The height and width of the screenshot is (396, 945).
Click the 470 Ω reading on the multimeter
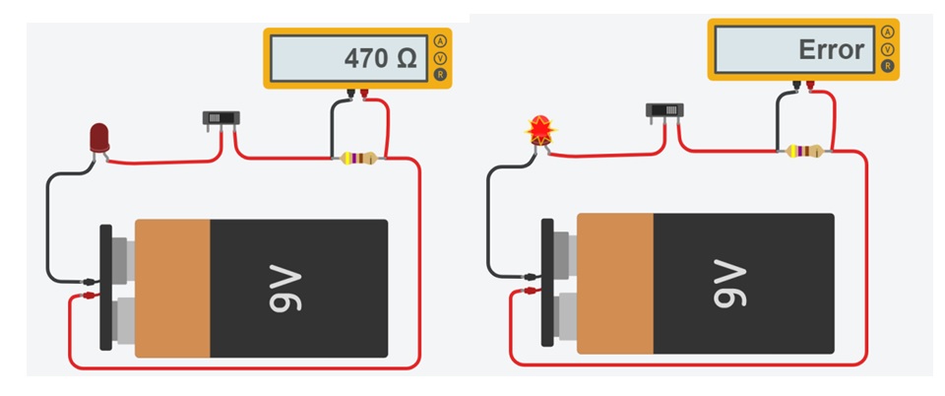(x=380, y=58)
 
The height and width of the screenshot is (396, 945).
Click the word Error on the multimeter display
(x=832, y=49)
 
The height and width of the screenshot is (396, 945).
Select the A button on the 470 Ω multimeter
(x=441, y=41)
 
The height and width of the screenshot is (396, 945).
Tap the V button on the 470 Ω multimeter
(x=441, y=58)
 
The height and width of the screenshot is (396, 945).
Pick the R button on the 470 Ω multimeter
(x=441, y=75)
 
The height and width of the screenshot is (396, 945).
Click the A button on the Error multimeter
(x=887, y=33)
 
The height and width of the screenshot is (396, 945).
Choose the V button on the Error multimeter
(x=887, y=49)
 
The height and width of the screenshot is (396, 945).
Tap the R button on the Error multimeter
(x=887, y=66)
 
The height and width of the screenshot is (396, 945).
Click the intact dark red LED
(x=99, y=139)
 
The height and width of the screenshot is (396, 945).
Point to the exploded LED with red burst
(x=540, y=130)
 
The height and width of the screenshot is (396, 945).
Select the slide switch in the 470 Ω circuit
(x=220, y=118)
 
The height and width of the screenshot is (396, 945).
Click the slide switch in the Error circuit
(x=664, y=111)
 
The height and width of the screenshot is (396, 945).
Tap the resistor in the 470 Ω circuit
(x=358, y=159)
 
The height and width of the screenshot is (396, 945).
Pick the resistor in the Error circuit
(x=804, y=151)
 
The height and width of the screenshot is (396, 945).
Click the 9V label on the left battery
(x=284, y=288)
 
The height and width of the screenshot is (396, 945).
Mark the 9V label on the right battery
(x=729, y=284)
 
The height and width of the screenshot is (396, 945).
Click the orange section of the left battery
(x=172, y=288)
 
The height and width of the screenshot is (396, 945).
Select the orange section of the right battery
(x=615, y=284)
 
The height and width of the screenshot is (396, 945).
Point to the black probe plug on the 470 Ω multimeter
(x=350, y=96)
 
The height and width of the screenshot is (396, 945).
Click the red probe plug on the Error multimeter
(x=810, y=87)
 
